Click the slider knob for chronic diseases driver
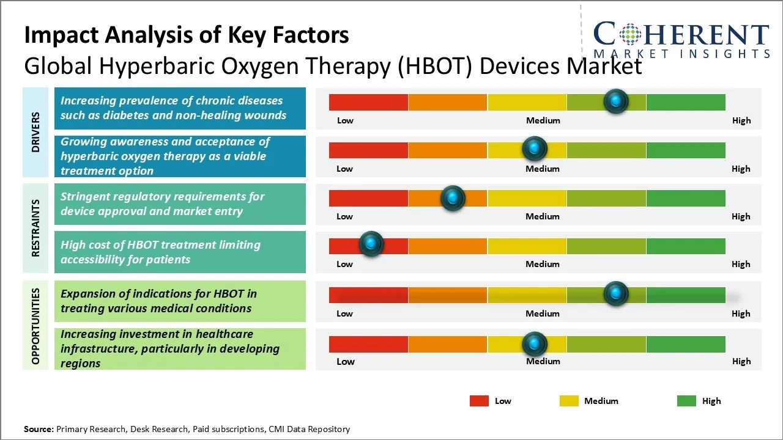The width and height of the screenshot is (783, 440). [x=615, y=101]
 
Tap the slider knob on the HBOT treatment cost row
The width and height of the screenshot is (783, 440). [x=371, y=244]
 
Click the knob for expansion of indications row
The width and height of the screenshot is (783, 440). [x=615, y=294]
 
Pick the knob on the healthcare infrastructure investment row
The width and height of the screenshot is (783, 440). [x=534, y=344]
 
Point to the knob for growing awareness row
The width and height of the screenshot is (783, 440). [x=534, y=148]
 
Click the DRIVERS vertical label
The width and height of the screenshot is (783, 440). [x=35, y=132]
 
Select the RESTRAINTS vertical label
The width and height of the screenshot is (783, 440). [x=35, y=228]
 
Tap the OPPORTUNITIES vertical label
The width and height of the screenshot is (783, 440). [x=35, y=326]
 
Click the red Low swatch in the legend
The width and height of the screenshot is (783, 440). [x=479, y=401]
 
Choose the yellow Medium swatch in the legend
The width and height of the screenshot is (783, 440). [x=569, y=401]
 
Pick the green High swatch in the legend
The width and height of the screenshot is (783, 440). [x=686, y=401]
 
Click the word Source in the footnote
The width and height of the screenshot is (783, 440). [x=39, y=429]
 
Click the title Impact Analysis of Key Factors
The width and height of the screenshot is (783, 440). [x=187, y=35]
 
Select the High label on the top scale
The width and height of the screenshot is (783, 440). [x=741, y=120]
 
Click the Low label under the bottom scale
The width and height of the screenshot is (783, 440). [x=345, y=361]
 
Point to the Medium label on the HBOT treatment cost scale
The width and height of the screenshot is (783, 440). [x=542, y=264]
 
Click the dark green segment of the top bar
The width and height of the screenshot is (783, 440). [x=685, y=102]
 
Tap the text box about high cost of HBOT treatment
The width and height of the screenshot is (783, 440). [x=180, y=252]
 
